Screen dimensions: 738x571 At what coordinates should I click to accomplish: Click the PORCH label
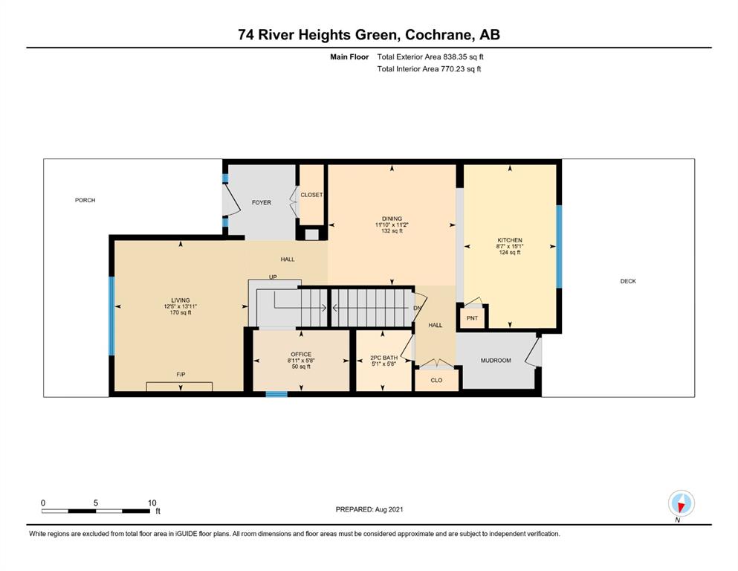click(85, 200)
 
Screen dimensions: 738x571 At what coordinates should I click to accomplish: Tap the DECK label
click(628, 281)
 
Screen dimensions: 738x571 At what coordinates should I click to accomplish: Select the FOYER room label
click(261, 202)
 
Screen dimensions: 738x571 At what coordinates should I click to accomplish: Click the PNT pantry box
click(472, 318)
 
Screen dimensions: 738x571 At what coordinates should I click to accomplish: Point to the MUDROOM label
click(496, 361)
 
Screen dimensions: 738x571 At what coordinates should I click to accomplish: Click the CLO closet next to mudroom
click(436, 380)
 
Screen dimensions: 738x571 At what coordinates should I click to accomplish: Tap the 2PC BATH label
click(384, 358)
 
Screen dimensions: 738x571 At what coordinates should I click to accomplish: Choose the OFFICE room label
click(301, 355)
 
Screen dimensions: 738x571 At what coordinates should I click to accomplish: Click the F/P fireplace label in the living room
click(181, 375)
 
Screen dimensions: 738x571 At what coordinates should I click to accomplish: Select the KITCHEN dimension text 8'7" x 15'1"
click(510, 246)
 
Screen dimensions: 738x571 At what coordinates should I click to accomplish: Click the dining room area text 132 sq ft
click(392, 231)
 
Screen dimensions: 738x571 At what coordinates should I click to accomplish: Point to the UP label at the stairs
click(273, 277)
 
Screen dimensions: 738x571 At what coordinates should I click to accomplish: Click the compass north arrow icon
click(681, 503)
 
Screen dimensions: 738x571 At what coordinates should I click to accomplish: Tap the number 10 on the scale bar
click(152, 503)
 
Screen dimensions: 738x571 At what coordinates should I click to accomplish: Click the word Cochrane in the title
click(439, 35)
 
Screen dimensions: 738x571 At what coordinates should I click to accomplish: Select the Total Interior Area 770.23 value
click(452, 68)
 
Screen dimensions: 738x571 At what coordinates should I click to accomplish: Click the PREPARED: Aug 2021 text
click(369, 509)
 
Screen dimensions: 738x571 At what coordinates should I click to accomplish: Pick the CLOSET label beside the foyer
click(311, 195)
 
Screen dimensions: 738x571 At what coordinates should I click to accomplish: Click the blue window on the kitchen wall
click(559, 247)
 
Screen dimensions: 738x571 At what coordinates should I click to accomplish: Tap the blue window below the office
click(276, 394)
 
